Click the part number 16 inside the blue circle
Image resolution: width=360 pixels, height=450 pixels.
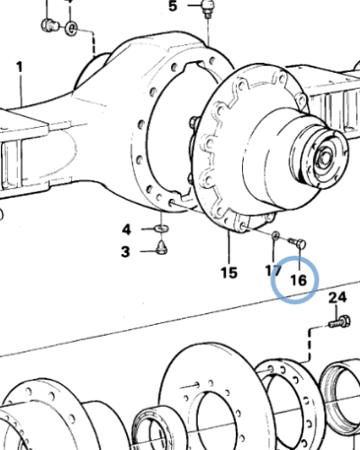pyautogui.click(x=298, y=280)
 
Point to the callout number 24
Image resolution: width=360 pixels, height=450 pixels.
pyautogui.click(x=337, y=298)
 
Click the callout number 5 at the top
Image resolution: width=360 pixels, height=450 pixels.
pyautogui.click(x=173, y=7)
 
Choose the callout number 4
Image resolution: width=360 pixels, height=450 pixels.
pyautogui.click(x=127, y=229)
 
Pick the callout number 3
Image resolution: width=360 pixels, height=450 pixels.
pyautogui.click(x=127, y=252)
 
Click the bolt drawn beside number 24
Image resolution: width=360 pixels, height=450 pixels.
pyautogui.click(x=340, y=319)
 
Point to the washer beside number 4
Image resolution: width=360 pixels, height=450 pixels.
pyautogui.click(x=162, y=229)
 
